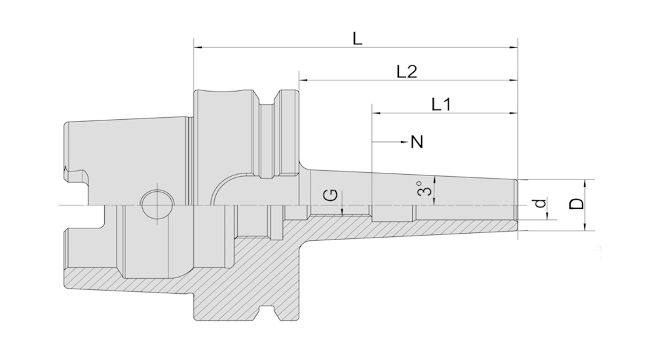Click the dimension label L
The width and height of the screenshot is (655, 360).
pyautogui.click(x=357, y=39)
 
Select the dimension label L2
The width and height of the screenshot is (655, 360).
pyautogui.click(x=407, y=72)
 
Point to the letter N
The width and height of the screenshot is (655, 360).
pyautogui.click(x=417, y=141)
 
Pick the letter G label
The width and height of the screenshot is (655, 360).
pyautogui.click(x=332, y=196)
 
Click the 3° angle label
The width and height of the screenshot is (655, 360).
pyautogui.click(x=425, y=189)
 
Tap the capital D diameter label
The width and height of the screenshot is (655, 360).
pyautogui.click(x=576, y=204)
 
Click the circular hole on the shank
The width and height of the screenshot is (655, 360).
pyautogui.click(x=158, y=205)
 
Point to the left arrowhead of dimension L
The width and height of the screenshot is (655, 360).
pyautogui.click(x=198, y=47)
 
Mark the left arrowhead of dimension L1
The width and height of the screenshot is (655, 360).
pyautogui.click(x=376, y=113)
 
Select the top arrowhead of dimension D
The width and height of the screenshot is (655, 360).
pyautogui.click(x=584, y=183)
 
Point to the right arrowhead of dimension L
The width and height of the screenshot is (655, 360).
pyautogui.click(x=514, y=47)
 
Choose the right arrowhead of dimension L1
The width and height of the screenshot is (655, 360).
pyautogui.click(x=514, y=113)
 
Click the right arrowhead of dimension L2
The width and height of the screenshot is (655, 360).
pyautogui.click(x=514, y=81)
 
